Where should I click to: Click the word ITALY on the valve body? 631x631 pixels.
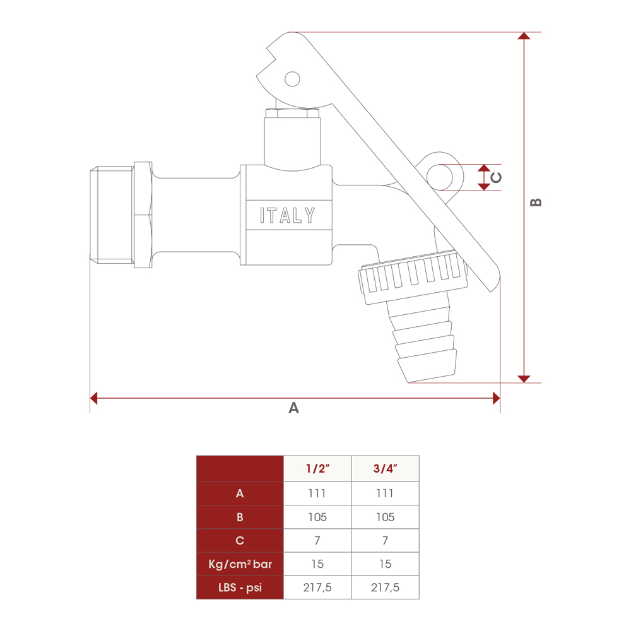[x=287, y=215]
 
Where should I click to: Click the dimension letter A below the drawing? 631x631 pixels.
[x=294, y=408]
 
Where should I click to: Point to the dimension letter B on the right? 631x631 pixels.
[x=536, y=202]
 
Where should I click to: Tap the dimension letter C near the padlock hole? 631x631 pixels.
[x=496, y=177]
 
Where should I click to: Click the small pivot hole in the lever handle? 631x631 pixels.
[x=292, y=79]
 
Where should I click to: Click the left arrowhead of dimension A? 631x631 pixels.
[x=94, y=398]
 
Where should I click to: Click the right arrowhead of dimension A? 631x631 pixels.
[x=497, y=398]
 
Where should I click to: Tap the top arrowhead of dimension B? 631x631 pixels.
[x=524, y=36]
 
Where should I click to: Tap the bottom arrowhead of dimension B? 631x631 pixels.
[x=524, y=379]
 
